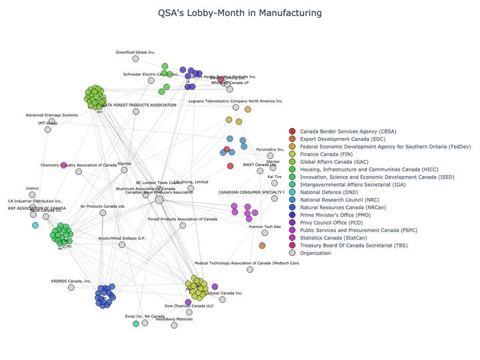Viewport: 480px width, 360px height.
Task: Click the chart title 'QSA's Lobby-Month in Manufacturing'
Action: tap(240, 13)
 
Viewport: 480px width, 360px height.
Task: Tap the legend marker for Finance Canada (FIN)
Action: tap(292, 153)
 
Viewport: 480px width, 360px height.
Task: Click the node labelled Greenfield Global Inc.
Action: tap(136, 59)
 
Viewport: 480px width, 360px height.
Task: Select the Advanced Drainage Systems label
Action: tap(52, 115)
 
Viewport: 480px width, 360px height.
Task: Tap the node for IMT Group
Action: tap(47, 129)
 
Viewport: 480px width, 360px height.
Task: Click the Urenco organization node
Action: tap(33, 197)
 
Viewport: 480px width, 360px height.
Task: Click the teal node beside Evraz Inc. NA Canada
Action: tap(136, 323)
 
